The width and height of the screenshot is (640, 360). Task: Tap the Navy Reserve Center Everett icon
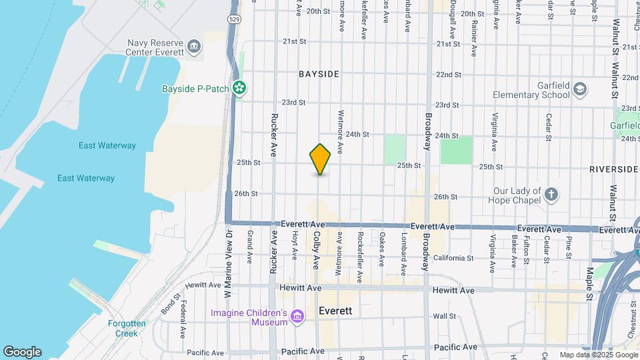(x=194, y=46)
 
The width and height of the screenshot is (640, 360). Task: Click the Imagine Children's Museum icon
(x=297, y=317)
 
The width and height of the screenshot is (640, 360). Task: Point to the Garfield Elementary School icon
(x=579, y=89)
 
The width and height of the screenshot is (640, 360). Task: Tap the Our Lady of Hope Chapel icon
(x=551, y=195)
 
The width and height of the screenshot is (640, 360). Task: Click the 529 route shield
(x=233, y=20)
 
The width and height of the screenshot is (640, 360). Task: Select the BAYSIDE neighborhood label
(x=319, y=74)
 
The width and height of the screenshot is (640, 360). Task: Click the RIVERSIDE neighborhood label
(x=613, y=169)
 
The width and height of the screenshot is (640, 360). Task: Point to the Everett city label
(x=335, y=311)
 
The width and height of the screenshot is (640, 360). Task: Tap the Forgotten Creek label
(x=127, y=328)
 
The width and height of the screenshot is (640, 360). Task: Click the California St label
(x=453, y=258)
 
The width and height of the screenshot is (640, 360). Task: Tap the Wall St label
(x=443, y=316)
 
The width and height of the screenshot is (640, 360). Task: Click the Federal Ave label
(x=183, y=322)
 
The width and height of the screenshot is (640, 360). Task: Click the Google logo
(x=22, y=351)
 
